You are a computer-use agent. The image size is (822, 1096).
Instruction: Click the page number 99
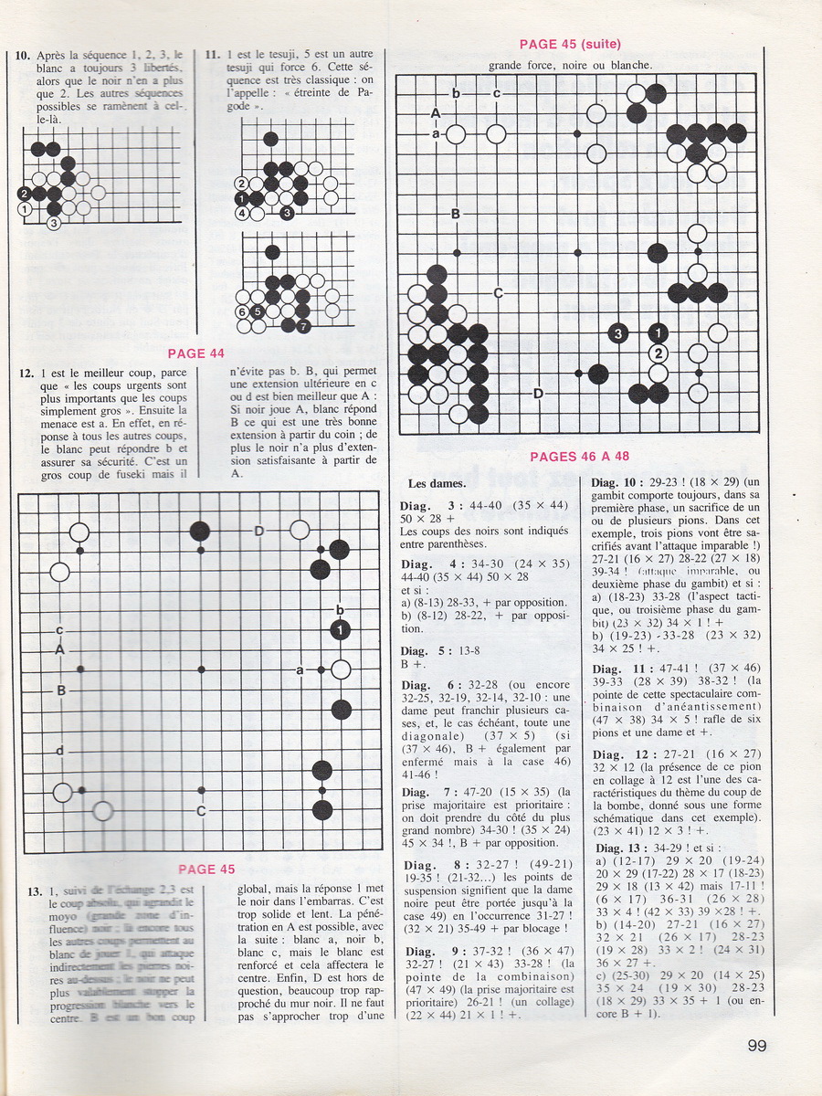pyautogui.click(x=756, y=1046)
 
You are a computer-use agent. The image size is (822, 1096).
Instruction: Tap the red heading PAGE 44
pyautogui.click(x=196, y=353)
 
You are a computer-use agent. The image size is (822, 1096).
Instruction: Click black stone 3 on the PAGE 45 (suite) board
pyautogui.click(x=617, y=333)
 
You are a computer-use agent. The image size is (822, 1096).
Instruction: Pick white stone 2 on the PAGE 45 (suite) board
pyautogui.click(x=658, y=353)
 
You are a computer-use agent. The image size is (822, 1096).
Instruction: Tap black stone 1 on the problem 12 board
pyautogui.click(x=341, y=630)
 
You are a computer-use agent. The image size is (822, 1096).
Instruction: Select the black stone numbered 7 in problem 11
pyautogui.click(x=302, y=325)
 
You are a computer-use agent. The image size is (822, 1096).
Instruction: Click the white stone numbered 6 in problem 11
pyautogui.click(x=243, y=311)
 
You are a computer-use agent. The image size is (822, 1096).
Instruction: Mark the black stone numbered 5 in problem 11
pyautogui.click(x=258, y=311)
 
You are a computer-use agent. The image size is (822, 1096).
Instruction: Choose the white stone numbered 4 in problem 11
pyautogui.click(x=243, y=213)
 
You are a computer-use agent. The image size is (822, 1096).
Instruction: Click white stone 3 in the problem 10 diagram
pyautogui.click(x=54, y=222)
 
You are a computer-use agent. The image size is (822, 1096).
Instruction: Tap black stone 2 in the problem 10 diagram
pyautogui.click(x=24, y=193)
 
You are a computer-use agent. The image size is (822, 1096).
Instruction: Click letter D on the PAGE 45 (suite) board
pyautogui.click(x=538, y=394)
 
